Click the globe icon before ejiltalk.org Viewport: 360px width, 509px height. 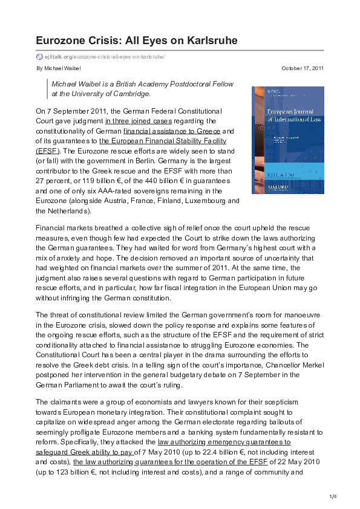pos(39,57)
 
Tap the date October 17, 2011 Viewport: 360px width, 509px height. pos(303,68)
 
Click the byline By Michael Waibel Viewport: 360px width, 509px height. pos(62,68)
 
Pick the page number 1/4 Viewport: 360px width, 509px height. pos(332,497)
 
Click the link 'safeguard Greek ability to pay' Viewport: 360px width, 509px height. pos(84,452)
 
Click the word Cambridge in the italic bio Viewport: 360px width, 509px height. pos(131,94)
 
